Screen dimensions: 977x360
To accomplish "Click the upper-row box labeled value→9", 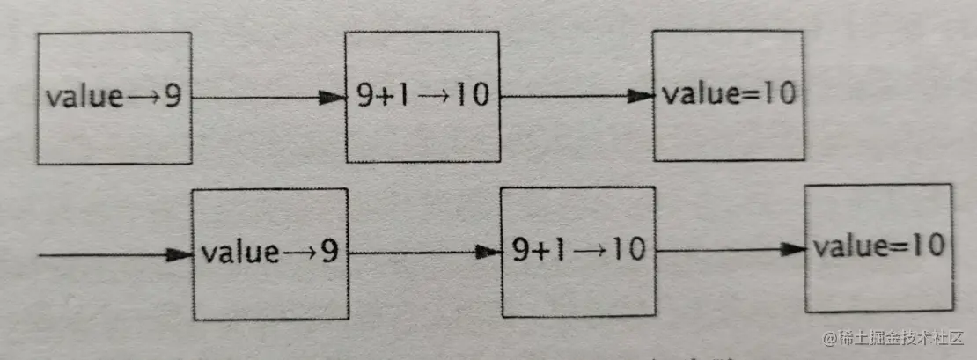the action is point(114,97).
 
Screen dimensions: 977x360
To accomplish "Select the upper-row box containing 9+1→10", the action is point(422,97).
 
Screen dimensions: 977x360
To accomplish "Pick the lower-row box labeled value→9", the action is point(269,253).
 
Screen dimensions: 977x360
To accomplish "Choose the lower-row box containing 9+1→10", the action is point(578,252).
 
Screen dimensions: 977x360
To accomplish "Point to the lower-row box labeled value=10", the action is point(878,247).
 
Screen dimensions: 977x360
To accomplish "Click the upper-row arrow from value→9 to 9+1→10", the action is point(268,98).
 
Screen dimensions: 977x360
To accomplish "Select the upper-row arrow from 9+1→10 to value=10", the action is point(576,97).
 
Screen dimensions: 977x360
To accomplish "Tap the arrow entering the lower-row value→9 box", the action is point(114,254).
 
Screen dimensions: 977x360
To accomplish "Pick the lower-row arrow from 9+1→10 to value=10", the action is point(731,251).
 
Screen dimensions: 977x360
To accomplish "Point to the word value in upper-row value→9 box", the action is point(84,97).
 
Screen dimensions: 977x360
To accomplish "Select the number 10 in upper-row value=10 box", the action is point(779,94).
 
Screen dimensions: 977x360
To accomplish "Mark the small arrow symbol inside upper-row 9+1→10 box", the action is point(434,97).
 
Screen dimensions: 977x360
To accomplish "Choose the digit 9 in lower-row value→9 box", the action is point(328,253).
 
